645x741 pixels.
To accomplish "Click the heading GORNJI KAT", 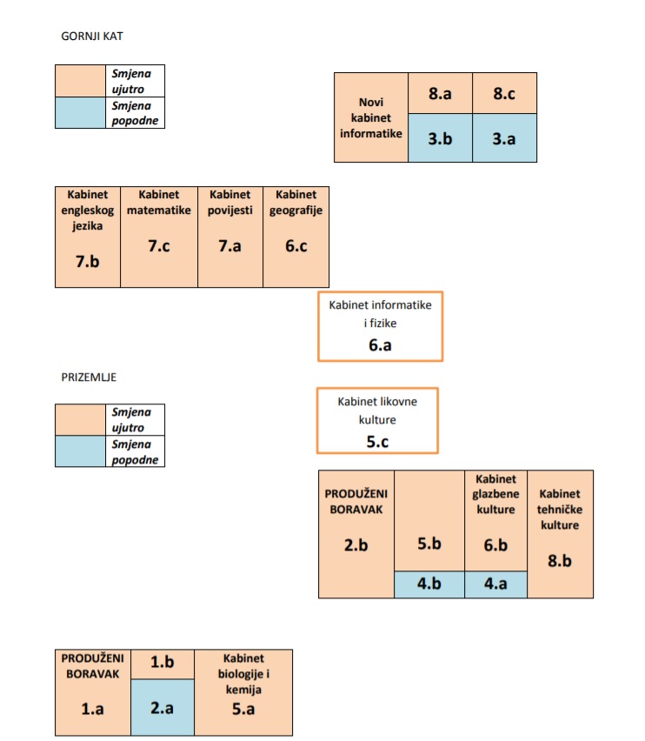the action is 92,37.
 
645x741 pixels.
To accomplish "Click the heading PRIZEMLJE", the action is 89,377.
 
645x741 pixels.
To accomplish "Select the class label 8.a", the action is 440,94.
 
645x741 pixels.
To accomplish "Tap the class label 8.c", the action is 504,94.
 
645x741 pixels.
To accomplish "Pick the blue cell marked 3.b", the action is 440,138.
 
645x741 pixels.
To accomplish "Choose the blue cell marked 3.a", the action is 504,138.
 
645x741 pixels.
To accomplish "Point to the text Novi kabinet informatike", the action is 371,117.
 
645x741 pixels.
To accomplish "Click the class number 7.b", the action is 87,261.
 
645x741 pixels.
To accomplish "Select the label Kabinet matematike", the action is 159,203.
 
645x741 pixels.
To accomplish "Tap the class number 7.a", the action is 230,246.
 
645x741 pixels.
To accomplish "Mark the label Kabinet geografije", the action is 296,204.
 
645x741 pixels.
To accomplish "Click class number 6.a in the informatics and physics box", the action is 380,345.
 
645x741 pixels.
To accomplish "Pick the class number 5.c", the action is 378,442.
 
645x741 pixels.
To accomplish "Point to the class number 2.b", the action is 356,545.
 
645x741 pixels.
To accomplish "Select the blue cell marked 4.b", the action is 429,584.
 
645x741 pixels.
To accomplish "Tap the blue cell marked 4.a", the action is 495,584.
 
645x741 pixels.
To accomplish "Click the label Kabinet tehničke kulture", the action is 560,510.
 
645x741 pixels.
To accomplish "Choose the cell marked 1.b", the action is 163,664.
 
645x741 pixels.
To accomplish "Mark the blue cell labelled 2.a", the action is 163,707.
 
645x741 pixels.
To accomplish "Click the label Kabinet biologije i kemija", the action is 243,674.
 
